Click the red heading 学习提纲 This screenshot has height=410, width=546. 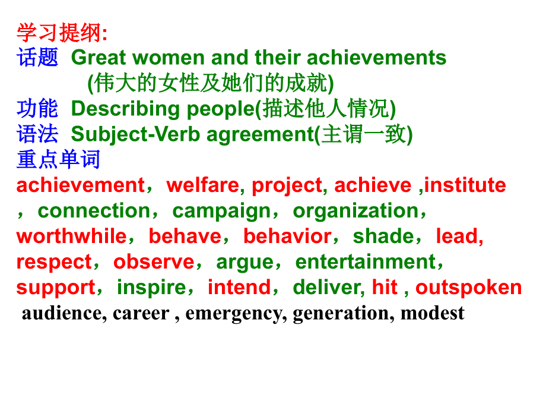59,32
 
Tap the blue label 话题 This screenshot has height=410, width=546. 37,58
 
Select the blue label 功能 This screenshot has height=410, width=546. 37,109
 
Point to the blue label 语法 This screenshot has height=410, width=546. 37,134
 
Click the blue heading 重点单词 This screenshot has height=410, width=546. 58,160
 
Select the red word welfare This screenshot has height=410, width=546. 202,185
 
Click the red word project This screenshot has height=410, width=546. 287,186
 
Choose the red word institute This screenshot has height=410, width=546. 465,185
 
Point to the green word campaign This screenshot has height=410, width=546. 221,212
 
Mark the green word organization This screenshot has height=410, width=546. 355,211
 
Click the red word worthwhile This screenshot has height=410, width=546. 71,236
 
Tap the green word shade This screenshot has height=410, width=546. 383,236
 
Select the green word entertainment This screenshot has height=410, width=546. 365,262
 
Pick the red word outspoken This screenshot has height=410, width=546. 468,288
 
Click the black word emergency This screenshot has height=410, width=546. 236,313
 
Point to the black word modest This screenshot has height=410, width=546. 432,313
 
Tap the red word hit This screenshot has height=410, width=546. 385,288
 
